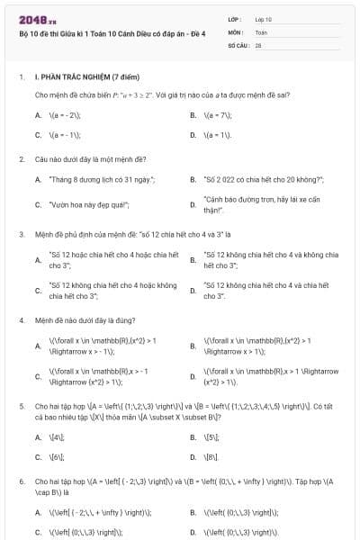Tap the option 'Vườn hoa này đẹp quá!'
(x=90, y=204)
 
